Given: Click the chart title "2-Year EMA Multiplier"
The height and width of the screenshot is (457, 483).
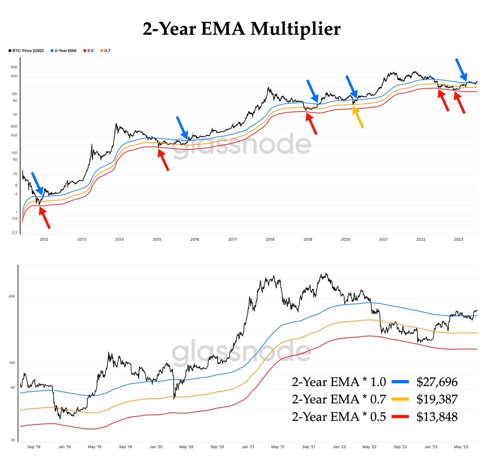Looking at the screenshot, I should coord(242,29).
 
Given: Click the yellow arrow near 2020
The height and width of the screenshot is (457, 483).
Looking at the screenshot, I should coord(358,117).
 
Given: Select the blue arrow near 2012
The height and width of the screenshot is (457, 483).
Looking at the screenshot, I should coord(37,183).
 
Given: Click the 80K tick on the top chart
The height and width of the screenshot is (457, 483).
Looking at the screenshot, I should coord(14,67).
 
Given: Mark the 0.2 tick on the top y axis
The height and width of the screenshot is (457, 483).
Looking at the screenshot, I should coord(15,233).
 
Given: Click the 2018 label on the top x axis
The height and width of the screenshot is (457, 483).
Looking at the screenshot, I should coord(270,240).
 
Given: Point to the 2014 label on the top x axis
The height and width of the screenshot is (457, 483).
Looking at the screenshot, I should coord(119,240).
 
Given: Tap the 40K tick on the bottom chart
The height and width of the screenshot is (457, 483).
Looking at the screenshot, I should coord(12,296).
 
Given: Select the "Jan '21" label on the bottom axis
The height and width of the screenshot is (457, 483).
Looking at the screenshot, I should coord(248,447).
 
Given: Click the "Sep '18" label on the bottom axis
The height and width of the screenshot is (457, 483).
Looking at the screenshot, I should coord(33,447).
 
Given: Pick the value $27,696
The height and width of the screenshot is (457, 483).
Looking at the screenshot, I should coord(437,382).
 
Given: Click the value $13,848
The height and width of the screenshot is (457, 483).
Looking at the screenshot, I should coord(437,417).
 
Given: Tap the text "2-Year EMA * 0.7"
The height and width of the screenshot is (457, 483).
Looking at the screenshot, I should coord(339,399).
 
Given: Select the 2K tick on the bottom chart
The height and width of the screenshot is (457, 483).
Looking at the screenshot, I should coord(12,440).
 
